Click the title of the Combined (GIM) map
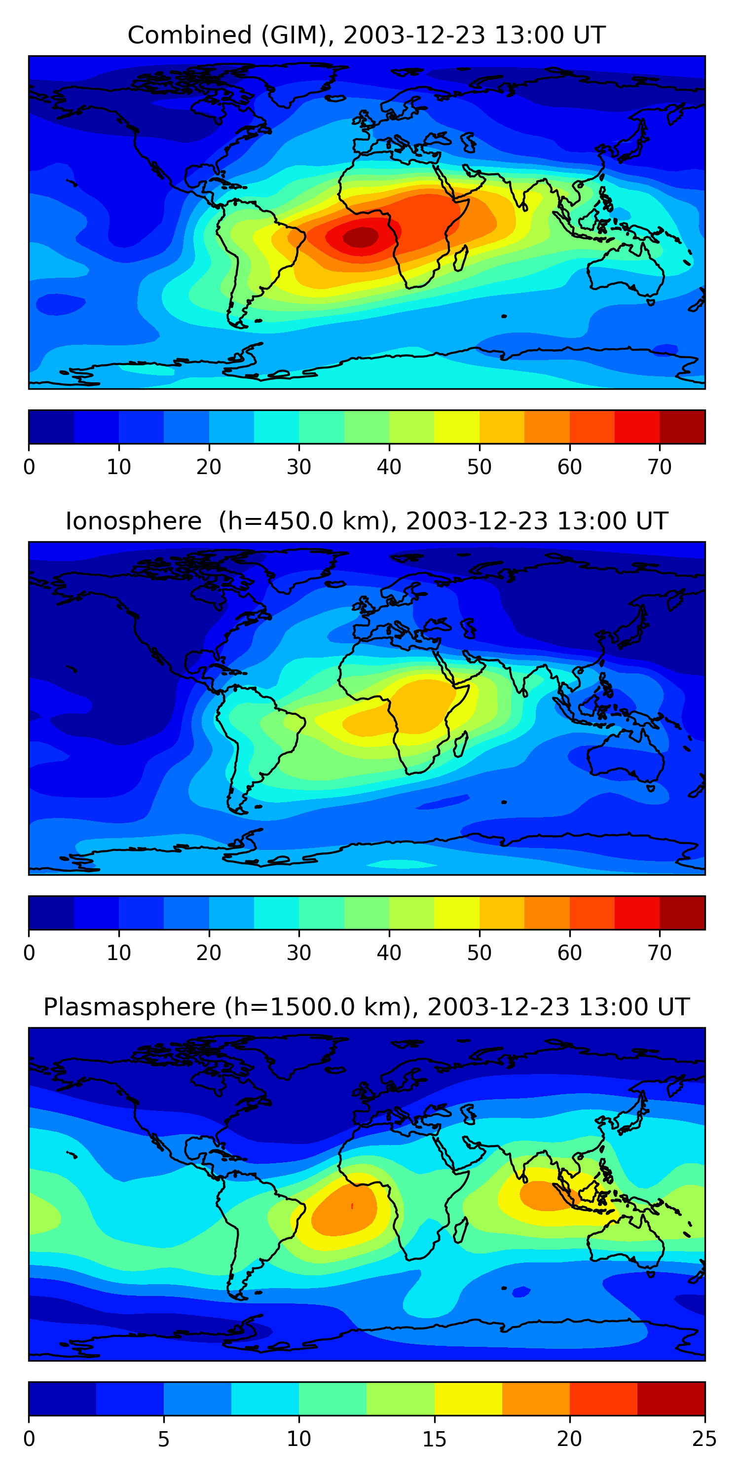(x=366, y=35)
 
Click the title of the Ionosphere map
(x=366, y=521)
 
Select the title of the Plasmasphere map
(x=366, y=1007)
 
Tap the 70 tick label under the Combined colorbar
(x=660, y=467)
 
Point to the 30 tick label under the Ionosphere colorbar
(x=299, y=953)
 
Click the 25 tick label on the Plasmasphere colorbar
(x=704, y=1439)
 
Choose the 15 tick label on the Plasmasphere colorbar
(x=434, y=1439)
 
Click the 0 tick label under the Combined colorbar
(x=29, y=467)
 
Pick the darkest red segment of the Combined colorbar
(x=682, y=427)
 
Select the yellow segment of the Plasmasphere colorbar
(x=468, y=1399)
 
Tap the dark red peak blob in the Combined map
(x=361, y=236)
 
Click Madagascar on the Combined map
(x=461, y=259)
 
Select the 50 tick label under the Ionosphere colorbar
(x=479, y=953)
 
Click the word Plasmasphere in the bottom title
(x=129, y=1007)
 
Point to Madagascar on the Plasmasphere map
(x=461, y=1231)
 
